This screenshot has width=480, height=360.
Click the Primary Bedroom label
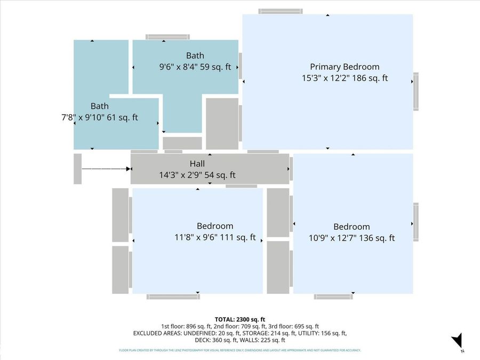point(345,67)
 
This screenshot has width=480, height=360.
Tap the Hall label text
point(197,164)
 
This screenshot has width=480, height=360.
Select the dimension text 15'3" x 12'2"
point(326,78)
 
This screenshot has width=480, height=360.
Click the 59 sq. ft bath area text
point(215,67)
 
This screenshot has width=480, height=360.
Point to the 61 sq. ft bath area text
point(122,117)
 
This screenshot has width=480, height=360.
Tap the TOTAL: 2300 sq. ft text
point(239,319)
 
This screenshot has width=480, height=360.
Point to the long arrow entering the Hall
point(106,169)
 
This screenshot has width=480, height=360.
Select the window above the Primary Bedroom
point(281,11)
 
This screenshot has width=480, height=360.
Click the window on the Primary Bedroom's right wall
point(415,92)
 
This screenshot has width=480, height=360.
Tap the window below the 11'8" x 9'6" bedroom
point(173,297)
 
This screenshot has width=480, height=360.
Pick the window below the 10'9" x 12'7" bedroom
point(333,297)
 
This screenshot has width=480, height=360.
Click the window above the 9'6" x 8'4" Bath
point(167,37)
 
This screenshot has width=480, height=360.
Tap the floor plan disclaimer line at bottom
point(239,350)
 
